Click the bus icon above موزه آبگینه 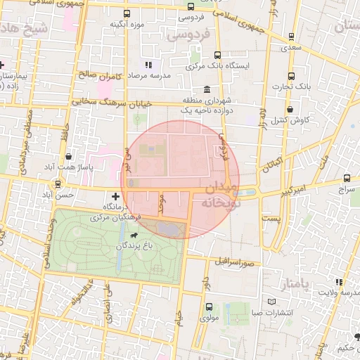127,13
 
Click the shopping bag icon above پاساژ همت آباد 67,156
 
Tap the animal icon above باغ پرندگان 133,234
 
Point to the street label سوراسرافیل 236,262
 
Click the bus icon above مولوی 209,307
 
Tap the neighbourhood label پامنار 293,284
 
